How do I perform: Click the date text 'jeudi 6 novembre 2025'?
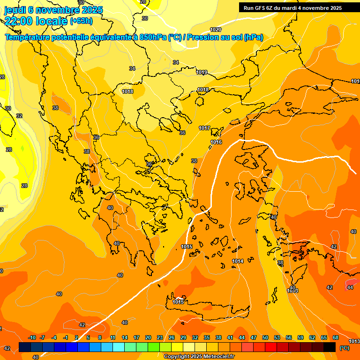[x=47, y=10]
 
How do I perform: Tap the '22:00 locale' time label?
[x=36, y=21]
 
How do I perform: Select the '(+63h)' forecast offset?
[x=81, y=21]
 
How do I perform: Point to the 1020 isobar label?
[x=216, y=30]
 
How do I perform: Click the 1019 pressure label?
[x=202, y=72]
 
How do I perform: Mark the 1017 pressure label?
[x=204, y=128]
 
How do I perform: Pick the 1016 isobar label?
[x=216, y=142]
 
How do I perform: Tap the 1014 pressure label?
[x=238, y=261]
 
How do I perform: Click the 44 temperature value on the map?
[x=350, y=287]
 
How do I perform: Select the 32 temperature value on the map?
[x=19, y=116]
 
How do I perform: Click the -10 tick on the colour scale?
[x=32, y=337]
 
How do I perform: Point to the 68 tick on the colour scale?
[x=336, y=337]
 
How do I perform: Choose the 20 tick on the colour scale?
[x=148, y=337]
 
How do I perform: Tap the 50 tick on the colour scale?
[x=265, y=337]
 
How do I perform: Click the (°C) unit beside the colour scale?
[x=345, y=348]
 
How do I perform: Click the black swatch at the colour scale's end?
[x=330, y=347]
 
